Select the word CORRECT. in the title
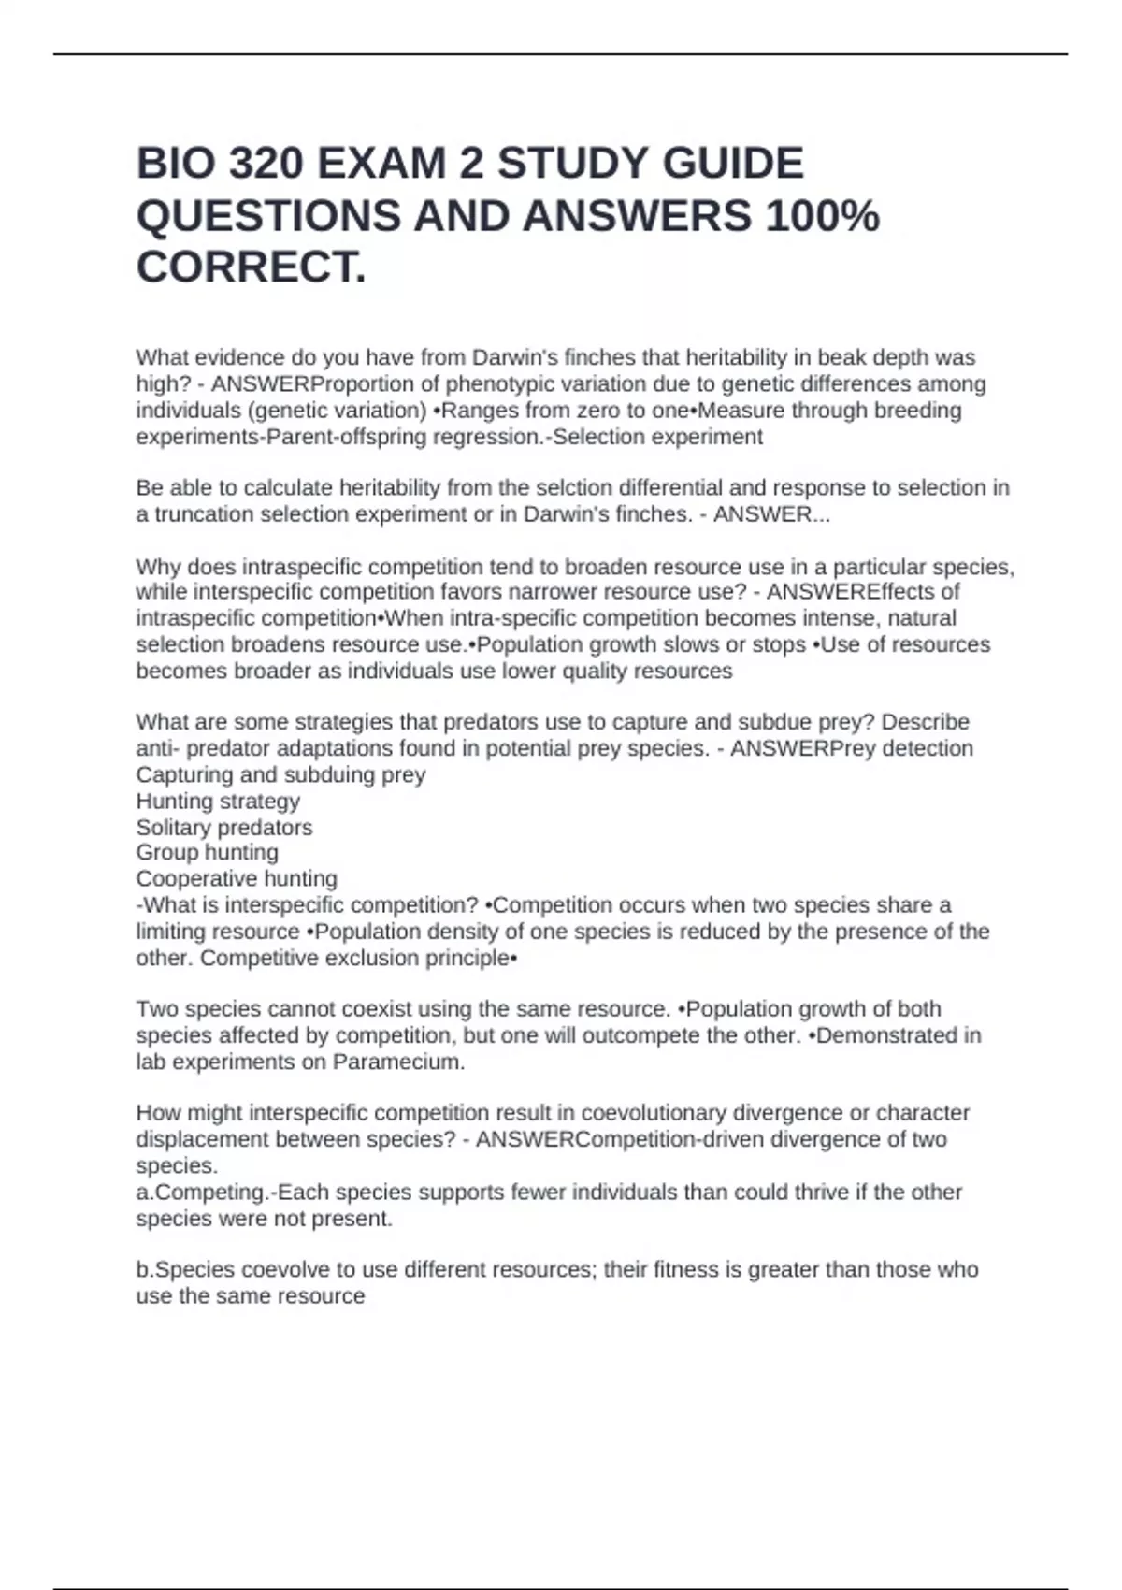252,267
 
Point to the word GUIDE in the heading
733,164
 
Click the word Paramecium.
398,1062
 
